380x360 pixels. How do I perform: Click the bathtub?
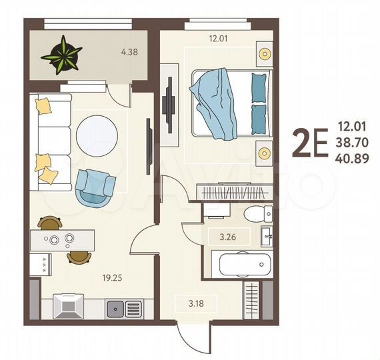(241, 264)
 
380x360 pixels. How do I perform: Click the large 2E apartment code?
(311, 142)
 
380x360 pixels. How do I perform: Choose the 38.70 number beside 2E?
(353, 142)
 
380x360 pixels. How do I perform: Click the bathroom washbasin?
(267, 235)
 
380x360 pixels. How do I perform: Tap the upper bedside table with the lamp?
(264, 53)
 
